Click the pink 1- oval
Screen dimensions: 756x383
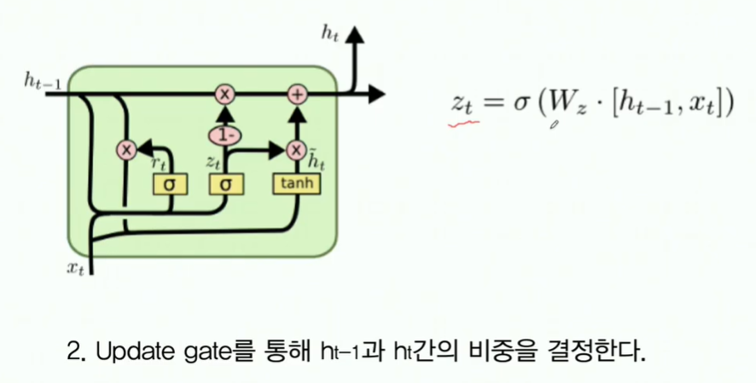(x=225, y=134)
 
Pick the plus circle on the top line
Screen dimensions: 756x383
(x=297, y=94)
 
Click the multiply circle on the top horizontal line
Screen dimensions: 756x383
(x=225, y=94)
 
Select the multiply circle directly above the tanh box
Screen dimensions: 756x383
(x=297, y=150)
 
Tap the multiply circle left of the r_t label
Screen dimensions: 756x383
(x=126, y=150)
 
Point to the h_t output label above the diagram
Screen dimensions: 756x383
(x=329, y=33)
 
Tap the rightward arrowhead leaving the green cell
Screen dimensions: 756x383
(x=376, y=94)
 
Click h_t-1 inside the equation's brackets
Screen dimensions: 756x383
(x=643, y=106)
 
